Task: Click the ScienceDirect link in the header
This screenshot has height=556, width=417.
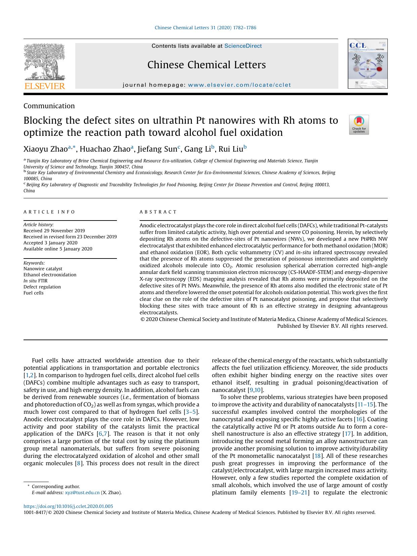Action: pyautogui.click(x=243, y=46)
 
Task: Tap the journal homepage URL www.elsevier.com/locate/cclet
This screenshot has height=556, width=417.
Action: pyautogui.click(x=239, y=85)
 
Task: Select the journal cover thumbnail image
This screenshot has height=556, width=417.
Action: pyautogui.click(x=368, y=64)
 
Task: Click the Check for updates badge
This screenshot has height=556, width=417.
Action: pyautogui.click(x=359, y=125)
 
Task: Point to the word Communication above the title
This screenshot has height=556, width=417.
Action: pyautogui.click(x=49, y=106)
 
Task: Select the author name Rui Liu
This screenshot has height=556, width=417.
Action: pyautogui.click(x=231, y=149)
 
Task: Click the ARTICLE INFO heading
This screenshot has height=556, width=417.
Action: pyautogui.click(x=49, y=212)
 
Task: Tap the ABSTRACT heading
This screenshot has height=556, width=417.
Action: pyautogui.click(x=158, y=212)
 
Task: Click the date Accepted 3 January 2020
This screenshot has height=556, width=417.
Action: pyautogui.click(x=50, y=243)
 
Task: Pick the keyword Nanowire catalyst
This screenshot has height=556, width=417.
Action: pyautogui.click(x=43, y=269)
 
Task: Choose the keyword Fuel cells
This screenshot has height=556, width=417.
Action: pyautogui.click(x=34, y=293)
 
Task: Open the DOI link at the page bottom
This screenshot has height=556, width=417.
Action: pyautogui.click(x=68, y=506)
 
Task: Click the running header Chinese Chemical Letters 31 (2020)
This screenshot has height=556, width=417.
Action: pyautogui.click(x=205, y=28)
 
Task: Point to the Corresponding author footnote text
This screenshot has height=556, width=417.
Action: pyautogui.click(x=56, y=486)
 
